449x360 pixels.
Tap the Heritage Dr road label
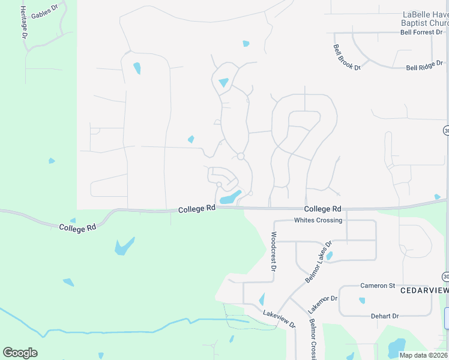pos(23,23)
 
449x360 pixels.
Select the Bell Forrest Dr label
pos(424,32)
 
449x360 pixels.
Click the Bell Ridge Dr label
pos(424,65)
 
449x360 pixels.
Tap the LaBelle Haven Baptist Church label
pos(424,19)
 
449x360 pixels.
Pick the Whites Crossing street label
pos(318,220)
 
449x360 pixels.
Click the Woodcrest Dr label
pos(273,253)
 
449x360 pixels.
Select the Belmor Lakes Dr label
pos(318,262)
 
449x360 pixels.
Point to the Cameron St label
pos(377,286)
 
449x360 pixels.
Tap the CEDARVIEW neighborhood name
pos(424,290)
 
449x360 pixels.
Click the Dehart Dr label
pos(384,316)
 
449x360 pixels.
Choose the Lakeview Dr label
pos(280,318)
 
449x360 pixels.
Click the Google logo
pos(20,352)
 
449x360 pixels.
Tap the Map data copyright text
pos(423,355)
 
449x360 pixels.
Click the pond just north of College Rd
pos(230,197)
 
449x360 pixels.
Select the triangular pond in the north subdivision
pos(224,82)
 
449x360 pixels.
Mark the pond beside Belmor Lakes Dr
pos(329,256)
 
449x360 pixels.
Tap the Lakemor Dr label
pos(322,304)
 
